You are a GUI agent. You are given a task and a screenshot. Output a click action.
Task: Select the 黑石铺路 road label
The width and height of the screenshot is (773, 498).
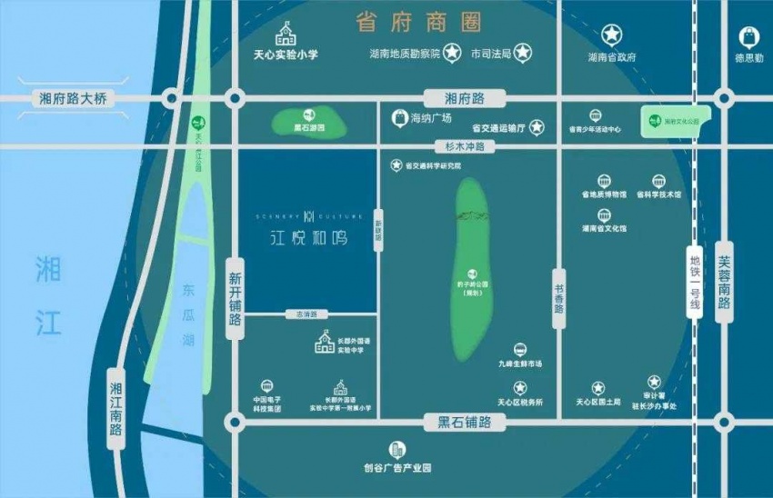click(465, 422)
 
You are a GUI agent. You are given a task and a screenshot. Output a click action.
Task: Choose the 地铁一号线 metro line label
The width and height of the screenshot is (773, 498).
click(696, 283)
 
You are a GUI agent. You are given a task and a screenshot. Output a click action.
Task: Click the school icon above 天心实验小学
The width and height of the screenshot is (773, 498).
click(286, 35)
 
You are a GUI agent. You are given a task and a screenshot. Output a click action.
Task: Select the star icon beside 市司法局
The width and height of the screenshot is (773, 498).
click(523, 53)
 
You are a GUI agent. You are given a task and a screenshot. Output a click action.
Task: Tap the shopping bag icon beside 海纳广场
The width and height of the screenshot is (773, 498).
click(398, 117)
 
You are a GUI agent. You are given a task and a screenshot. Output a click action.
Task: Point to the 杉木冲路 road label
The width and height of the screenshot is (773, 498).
click(465, 145)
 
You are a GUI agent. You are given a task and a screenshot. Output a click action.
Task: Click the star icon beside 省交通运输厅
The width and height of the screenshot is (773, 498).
click(537, 127)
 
